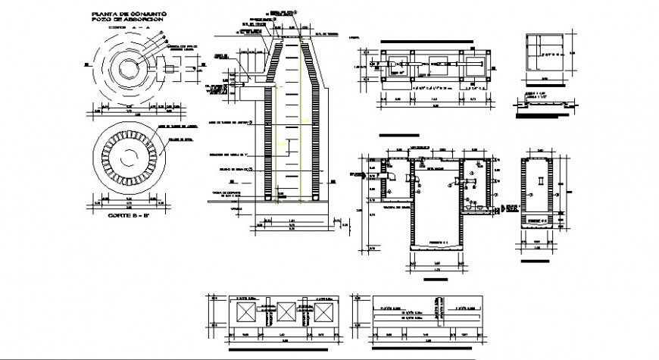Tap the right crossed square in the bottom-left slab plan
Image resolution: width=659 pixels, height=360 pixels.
tap(323, 312)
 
